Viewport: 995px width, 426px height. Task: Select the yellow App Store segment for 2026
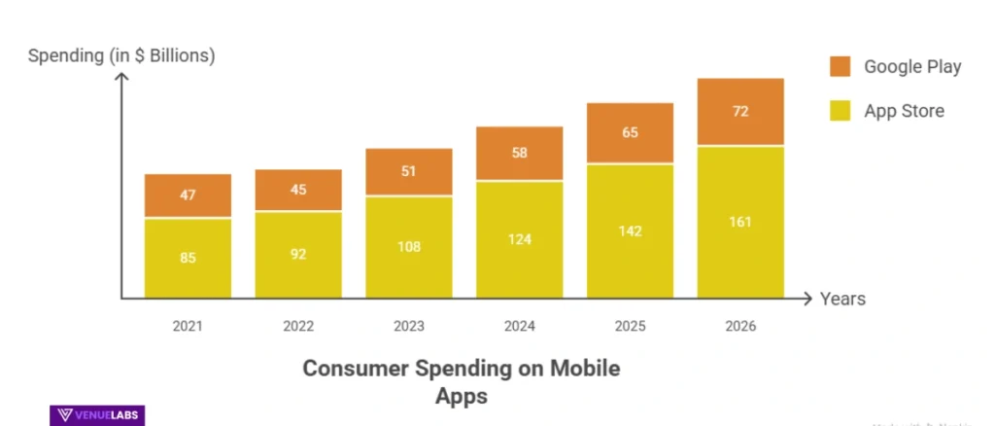(740, 222)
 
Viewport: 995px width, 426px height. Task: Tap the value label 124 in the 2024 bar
(519, 238)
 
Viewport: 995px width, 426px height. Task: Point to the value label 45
(298, 190)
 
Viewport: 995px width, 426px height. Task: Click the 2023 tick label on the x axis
(408, 326)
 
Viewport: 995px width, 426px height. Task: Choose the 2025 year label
(630, 326)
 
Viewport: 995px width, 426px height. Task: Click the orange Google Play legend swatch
(840, 66)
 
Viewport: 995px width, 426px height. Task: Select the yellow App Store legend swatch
(840, 110)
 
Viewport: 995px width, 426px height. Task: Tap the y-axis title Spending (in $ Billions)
(121, 55)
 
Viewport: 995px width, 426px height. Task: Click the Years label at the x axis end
(842, 299)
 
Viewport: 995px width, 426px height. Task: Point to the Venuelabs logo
(96, 415)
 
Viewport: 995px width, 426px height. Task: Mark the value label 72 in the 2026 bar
(740, 111)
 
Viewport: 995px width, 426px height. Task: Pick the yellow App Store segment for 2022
(298, 255)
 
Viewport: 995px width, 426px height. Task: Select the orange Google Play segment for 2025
(630, 133)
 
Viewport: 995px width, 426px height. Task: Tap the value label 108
(408, 246)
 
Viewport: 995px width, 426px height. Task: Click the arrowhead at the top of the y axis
(121, 77)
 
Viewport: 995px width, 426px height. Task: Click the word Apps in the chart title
(461, 396)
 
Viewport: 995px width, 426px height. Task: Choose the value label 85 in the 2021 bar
(188, 258)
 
